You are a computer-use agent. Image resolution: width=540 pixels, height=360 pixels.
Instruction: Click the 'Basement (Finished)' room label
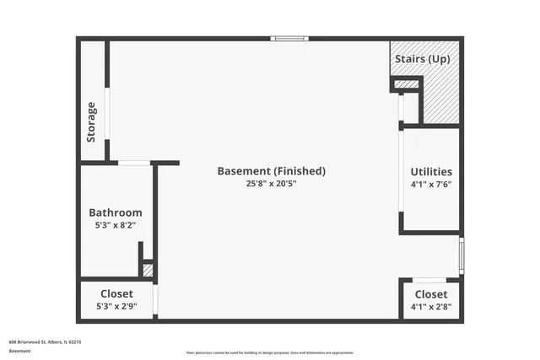pyautogui.click(x=271, y=171)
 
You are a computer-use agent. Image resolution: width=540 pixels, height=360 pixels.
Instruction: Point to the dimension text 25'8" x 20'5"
pyautogui.click(x=271, y=184)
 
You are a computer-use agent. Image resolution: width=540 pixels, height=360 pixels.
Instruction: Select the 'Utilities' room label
pyautogui.click(x=431, y=172)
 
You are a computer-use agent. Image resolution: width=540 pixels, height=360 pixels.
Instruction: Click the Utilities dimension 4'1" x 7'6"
pyautogui.click(x=431, y=185)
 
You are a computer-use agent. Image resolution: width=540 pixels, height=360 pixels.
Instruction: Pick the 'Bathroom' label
pyautogui.click(x=116, y=213)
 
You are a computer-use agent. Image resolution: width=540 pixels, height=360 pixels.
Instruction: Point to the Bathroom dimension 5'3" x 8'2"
pyautogui.click(x=116, y=226)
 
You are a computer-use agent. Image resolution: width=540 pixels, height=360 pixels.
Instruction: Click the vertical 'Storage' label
pyautogui.click(x=92, y=122)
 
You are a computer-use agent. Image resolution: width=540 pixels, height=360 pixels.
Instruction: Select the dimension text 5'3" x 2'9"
pyautogui.click(x=116, y=307)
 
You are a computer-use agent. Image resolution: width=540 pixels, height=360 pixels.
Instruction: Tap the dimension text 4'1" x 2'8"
pyautogui.click(x=431, y=307)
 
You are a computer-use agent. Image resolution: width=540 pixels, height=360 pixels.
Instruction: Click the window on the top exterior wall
pyautogui.click(x=289, y=38)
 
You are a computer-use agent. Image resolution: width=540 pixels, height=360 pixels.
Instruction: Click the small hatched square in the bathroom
pyautogui.click(x=148, y=271)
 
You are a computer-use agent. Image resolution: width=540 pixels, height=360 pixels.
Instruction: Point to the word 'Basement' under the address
pyautogui.click(x=19, y=350)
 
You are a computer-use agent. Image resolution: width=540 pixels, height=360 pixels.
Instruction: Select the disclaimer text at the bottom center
pyautogui.click(x=270, y=352)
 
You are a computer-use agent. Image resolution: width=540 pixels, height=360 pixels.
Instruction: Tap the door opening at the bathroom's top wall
pyautogui.click(x=134, y=163)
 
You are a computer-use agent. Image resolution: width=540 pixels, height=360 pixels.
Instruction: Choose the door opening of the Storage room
pyautogui.click(x=107, y=114)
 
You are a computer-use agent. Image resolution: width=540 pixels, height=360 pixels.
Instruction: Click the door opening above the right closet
pyautogui.click(x=429, y=280)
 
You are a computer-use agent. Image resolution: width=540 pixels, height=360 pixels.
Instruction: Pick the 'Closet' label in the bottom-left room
pyautogui.click(x=116, y=294)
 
